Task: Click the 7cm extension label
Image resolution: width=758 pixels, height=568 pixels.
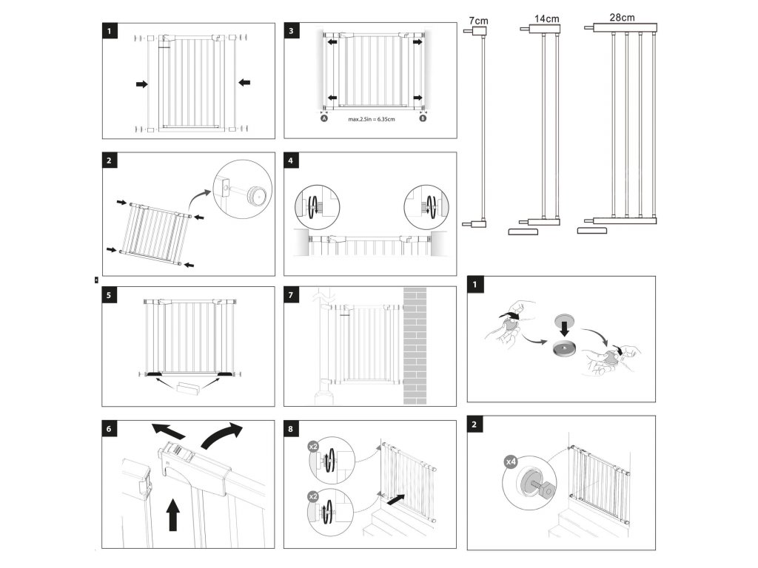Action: pyautogui.click(x=478, y=20)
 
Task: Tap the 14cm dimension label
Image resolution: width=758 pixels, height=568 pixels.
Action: pyautogui.click(x=547, y=16)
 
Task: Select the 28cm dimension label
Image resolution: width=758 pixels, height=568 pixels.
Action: pyautogui.click(x=622, y=16)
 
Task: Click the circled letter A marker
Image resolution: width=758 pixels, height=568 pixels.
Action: pyautogui.click(x=323, y=118)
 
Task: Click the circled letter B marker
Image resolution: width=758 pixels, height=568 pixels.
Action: pyautogui.click(x=423, y=118)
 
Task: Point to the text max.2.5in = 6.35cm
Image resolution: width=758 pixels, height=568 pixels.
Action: pyautogui.click(x=372, y=118)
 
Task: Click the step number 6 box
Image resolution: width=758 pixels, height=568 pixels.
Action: pyautogui.click(x=110, y=429)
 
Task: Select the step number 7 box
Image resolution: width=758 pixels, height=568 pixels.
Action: pyautogui.click(x=292, y=296)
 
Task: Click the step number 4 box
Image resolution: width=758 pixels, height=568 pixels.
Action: pyautogui.click(x=292, y=161)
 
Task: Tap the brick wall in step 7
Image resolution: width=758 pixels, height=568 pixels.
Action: pyautogui.click(x=415, y=345)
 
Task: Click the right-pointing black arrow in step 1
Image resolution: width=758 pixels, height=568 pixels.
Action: pyautogui.click(x=141, y=84)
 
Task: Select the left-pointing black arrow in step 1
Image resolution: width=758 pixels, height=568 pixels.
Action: pyautogui.click(x=245, y=83)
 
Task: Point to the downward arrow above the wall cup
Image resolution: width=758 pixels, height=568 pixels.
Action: pyautogui.click(x=564, y=326)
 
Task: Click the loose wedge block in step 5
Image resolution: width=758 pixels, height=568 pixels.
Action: pyautogui.click(x=189, y=388)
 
